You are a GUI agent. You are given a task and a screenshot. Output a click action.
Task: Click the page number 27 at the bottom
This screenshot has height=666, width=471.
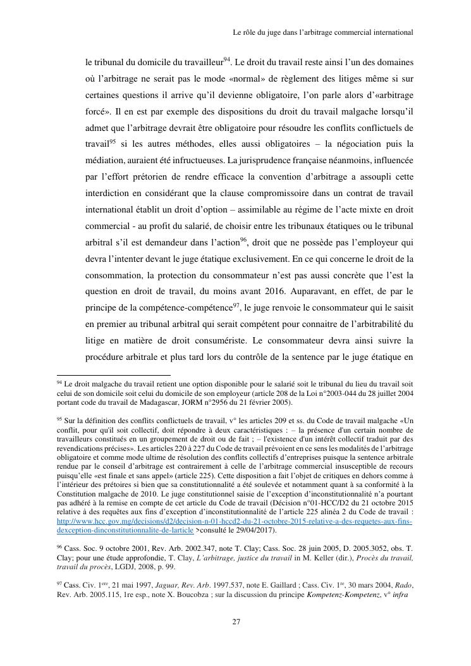click(x=236, y=622)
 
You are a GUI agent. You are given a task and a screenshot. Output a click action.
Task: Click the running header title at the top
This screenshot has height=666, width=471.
click(x=323, y=31)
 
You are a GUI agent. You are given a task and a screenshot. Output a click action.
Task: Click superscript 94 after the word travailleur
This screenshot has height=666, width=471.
click(x=228, y=60)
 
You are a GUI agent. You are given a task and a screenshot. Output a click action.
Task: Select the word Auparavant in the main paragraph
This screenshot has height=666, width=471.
click(x=337, y=292)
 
